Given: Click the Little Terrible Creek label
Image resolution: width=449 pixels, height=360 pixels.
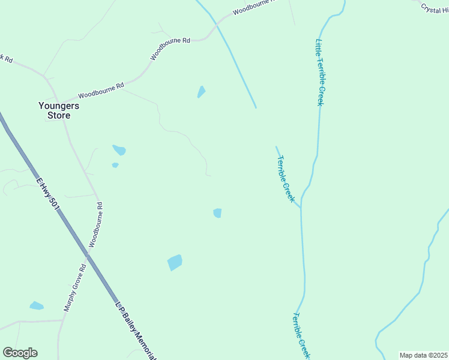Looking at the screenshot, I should pyautogui.click(x=320, y=72).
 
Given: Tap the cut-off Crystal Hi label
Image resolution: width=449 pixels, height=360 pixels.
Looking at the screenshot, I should pyautogui.click(x=433, y=8).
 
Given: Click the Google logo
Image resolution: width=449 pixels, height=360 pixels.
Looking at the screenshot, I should pyautogui.click(x=20, y=353).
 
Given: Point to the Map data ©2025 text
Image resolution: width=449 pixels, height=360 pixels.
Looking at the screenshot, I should pyautogui.click(x=423, y=355).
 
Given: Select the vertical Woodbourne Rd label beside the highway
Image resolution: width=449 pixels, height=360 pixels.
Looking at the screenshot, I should pyautogui.click(x=96, y=224).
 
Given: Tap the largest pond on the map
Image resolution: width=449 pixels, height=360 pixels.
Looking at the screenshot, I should pyautogui.click(x=175, y=262).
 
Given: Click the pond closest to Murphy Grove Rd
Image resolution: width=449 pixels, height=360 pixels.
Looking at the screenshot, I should pyautogui.click(x=37, y=305).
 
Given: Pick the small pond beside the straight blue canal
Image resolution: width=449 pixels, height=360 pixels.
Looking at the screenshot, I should pyautogui.click(x=201, y=92).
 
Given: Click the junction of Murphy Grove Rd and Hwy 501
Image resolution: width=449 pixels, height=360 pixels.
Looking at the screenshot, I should pyautogui.click(x=86, y=254).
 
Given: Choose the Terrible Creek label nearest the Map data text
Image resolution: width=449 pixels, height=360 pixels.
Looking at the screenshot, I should pyautogui.click(x=302, y=336).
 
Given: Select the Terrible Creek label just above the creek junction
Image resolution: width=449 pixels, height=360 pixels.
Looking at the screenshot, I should pyautogui.click(x=286, y=178).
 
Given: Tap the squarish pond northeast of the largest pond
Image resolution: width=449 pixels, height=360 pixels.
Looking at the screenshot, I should pyautogui.click(x=217, y=213).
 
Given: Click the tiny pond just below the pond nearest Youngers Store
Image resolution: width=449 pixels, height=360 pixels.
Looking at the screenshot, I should pyautogui.click(x=115, y=165).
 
